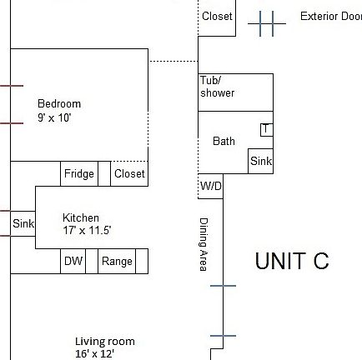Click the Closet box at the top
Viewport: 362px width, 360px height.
218,17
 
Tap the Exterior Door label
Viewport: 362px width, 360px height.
331,16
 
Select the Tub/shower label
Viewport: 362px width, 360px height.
217,87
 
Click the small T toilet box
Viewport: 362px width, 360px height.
266,129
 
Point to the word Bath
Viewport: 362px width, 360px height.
224,142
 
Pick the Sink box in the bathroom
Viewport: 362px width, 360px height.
261,161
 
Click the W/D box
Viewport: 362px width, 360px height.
211,187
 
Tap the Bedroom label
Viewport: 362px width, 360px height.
59,103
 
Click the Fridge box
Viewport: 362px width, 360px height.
79,173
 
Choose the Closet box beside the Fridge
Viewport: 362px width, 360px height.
129,173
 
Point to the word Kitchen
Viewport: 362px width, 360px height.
81,218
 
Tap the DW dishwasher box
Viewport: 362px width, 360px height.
73,262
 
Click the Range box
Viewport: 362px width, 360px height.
117,262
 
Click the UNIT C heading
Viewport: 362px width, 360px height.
292,261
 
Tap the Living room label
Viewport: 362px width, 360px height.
105,342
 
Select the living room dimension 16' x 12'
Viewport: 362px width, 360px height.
93,352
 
